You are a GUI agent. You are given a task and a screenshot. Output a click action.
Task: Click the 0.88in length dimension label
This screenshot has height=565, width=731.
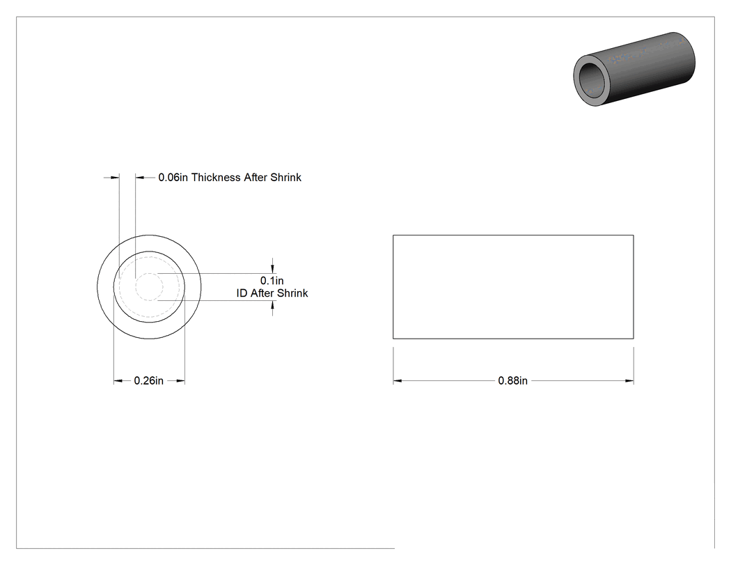(x=512, y=380)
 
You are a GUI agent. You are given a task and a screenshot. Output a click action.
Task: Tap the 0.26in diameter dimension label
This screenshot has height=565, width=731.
(x=149, y=380)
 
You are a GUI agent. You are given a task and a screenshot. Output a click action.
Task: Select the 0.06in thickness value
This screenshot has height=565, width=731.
(x=173, y=177)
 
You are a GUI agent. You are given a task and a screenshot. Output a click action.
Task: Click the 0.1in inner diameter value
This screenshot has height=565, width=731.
(x=272, y=280)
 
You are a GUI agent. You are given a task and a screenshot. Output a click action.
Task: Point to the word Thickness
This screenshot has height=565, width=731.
(x=216, y=177)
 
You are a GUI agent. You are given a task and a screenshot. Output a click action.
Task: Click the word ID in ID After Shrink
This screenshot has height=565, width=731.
(x=242, y=293)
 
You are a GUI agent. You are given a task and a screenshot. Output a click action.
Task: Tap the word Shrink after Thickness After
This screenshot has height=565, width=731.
(x=285, y=177)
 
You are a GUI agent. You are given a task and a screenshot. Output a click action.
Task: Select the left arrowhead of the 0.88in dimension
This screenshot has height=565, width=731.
(x=398, y=381)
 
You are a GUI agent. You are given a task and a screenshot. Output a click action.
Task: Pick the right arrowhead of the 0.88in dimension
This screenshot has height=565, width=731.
(x=629, y=381)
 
